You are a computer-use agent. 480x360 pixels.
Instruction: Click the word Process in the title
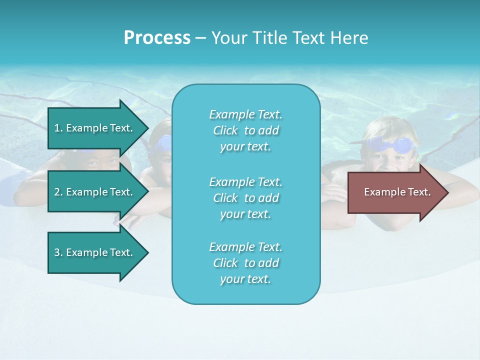(x=157, y=38)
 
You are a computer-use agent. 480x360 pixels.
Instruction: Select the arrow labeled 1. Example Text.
(x=94, y=128)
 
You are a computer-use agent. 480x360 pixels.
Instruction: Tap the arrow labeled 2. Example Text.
(x=94, y=192)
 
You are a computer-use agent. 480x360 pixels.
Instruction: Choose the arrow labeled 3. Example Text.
(x=94, y=252)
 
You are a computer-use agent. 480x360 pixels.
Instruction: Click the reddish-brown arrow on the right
(x=397, y=192)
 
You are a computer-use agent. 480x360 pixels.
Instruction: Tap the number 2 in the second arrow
(x=57, y=192)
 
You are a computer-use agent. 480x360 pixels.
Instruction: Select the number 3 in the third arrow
(x=57, y=252)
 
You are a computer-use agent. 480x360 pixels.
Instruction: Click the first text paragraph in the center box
(x=245, y=130)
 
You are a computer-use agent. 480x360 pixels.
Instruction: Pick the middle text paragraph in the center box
(x=245, y=197)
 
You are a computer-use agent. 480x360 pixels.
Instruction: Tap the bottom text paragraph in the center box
(x=245, y=263)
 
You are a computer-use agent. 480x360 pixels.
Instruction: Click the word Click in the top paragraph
(x=225, y=130)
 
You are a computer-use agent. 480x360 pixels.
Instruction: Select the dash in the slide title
(x=200, y=38)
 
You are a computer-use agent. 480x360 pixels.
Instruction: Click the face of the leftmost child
(x=95, y=160)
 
